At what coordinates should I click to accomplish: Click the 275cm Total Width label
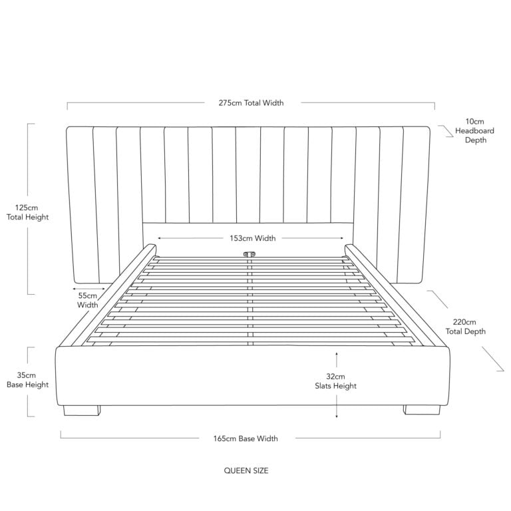pyautogui.click(x=251, y=103)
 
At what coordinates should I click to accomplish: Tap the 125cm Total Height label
pyautogui.click(x=27, y=212)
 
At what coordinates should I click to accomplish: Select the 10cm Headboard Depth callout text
pyautogui.click(x=474, y=130)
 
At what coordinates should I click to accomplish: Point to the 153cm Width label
pyautogui.click(x=253, y=238)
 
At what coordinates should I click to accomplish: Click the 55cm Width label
pyautogui.click(x=88, y=301)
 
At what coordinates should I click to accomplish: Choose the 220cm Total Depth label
pyautogui.click(x=465, y=327)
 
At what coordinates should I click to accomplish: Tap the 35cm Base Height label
pyautogui.click(x=27, y=380)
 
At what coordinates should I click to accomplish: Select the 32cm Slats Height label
pyautogui.click(x=335, y=381)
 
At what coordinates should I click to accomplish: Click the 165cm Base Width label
pyautogui.click(x=246, y=438)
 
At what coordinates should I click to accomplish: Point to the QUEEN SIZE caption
pyautogui.click(x=246, y=470)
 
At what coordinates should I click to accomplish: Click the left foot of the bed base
pyautogui.click(x=82, y=411)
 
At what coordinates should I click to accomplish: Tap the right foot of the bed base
pyautogui.click(x=422, y=410)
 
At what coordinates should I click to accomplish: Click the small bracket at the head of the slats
pyautogui.click(x=250, y=254)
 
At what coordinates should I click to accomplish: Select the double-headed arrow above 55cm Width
pyautogui.click(x=88, y=289)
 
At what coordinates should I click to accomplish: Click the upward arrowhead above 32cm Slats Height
pyautogui.click(x=337, y=354)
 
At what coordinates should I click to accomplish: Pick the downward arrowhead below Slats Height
pyautogui.click(x=337, y=415)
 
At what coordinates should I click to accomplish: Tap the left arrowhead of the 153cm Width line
pyautogui.click(x=160, y=238)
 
